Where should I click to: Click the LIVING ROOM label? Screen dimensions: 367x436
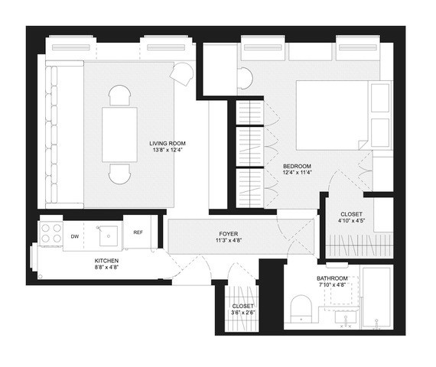pos(168,143)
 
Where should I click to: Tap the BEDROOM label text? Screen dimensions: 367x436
pos(295,166)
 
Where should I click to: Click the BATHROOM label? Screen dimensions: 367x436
pos(332,278)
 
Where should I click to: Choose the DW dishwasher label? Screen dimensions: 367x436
pos(75,236)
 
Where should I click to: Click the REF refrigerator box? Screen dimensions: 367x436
pos(138,232)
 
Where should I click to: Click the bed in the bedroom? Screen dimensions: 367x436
pos(333,115)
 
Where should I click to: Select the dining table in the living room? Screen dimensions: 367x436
pos(120,135)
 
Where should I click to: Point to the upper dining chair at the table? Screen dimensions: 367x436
pos(120,96)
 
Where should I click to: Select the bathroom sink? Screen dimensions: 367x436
pos(340,314)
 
